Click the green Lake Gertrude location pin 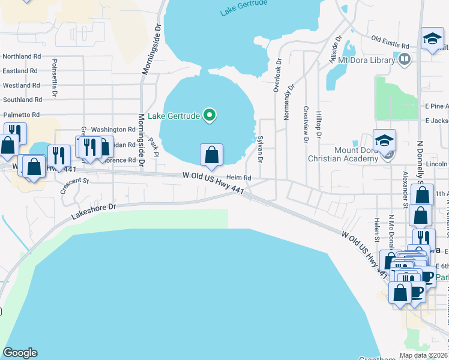[209, 115]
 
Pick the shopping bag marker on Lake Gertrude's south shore [211, 155]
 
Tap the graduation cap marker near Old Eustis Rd [432, 40]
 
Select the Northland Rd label [21, 56]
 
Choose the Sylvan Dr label [260, 149]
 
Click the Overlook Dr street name [277, 75]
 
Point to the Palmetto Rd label [21, 114]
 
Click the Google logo [20, 353]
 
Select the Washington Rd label [113, 130]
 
